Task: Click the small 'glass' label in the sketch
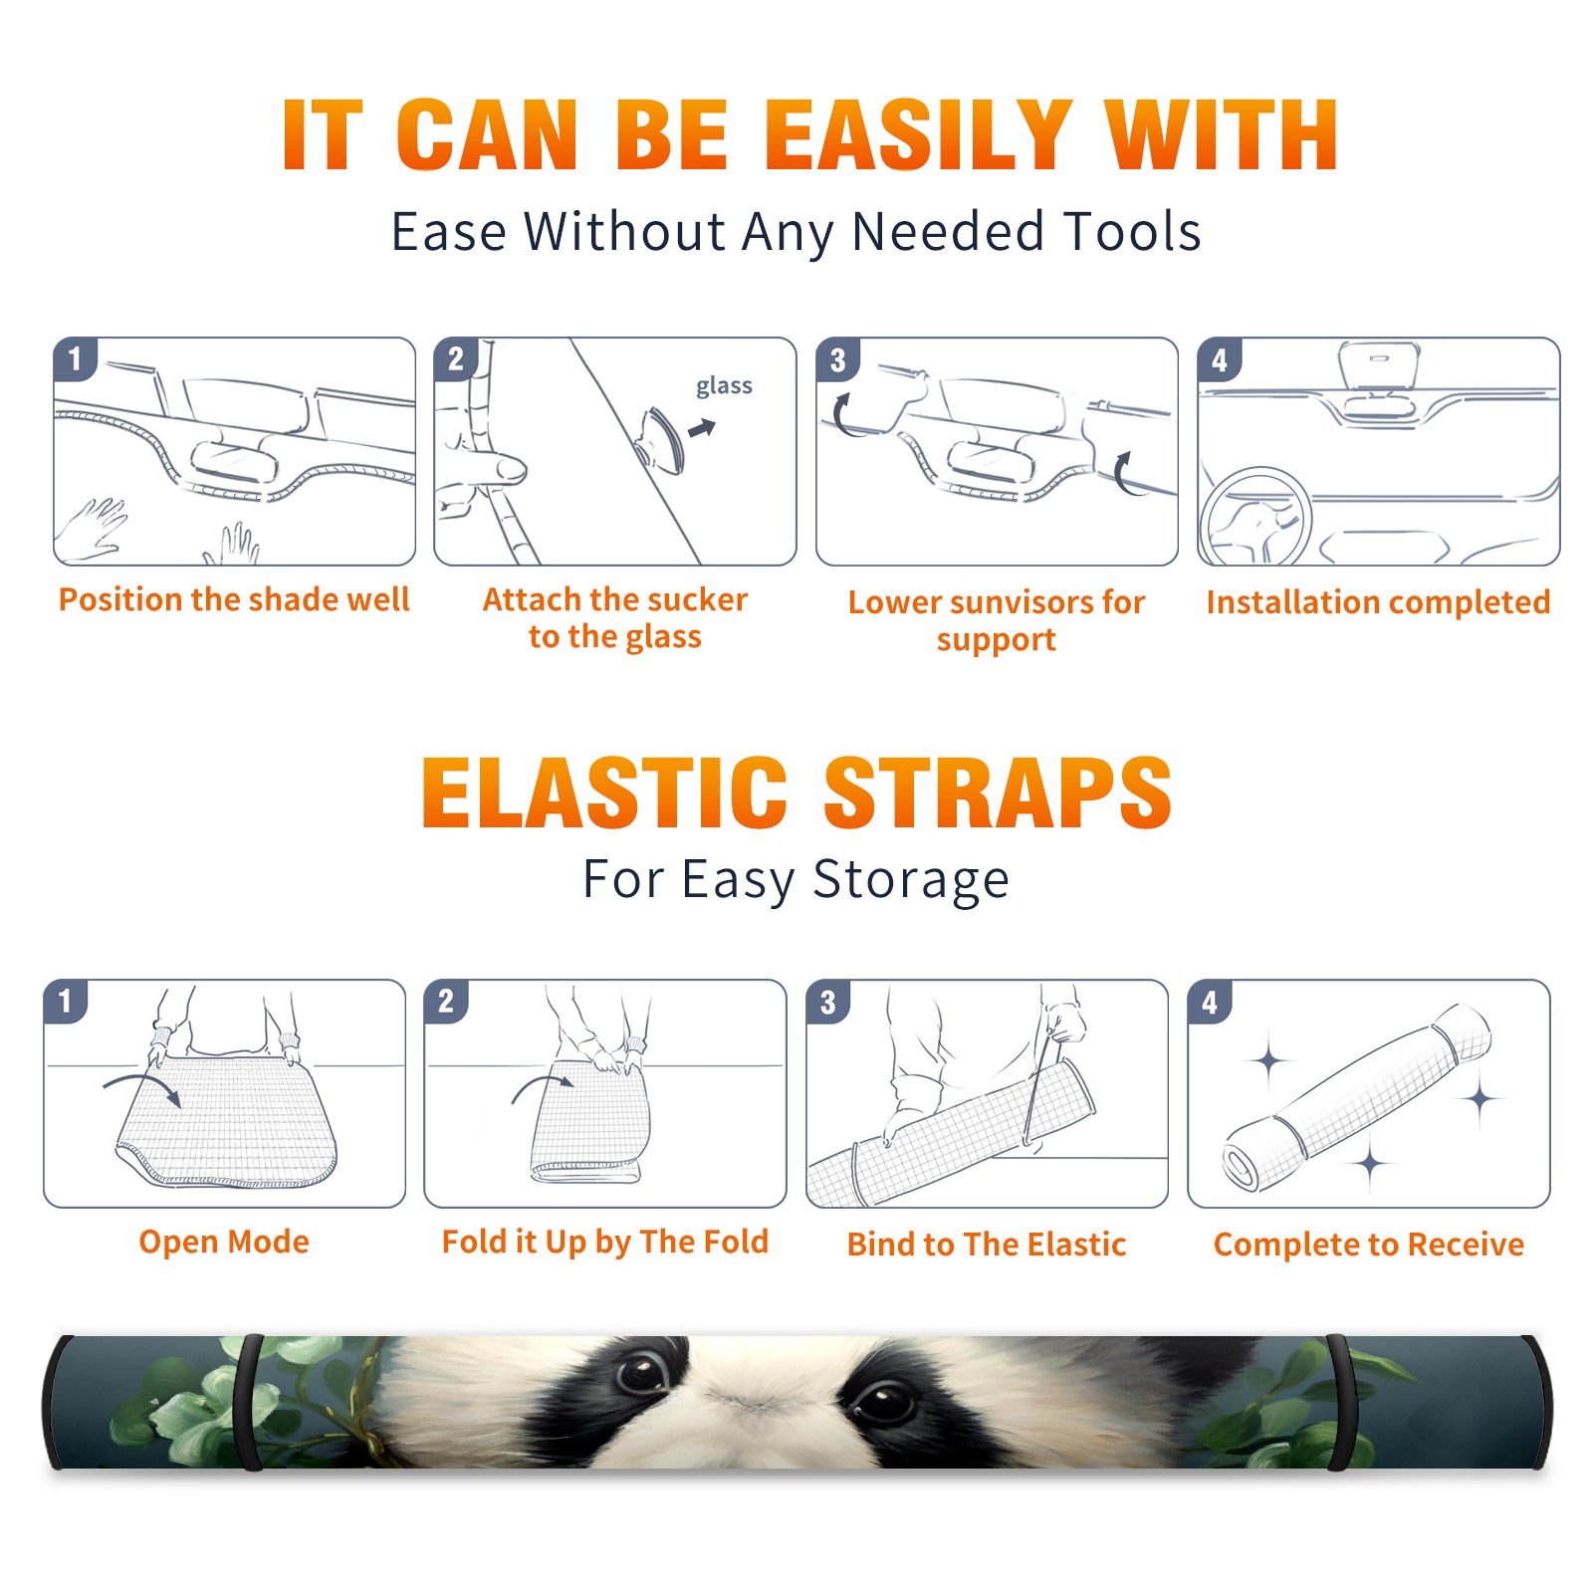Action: (724, 386)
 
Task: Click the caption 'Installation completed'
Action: (1378, 602)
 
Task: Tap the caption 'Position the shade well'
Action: (234, 599)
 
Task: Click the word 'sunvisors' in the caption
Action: (1019, 602)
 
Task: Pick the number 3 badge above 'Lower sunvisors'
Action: (837, 359)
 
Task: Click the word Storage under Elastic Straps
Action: (911, 880)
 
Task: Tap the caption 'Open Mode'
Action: (224, 1242)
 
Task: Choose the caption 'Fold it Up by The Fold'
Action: (605, 1242)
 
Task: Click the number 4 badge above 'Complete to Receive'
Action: (1210, 1002)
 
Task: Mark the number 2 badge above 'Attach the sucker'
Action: (456, 359)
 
